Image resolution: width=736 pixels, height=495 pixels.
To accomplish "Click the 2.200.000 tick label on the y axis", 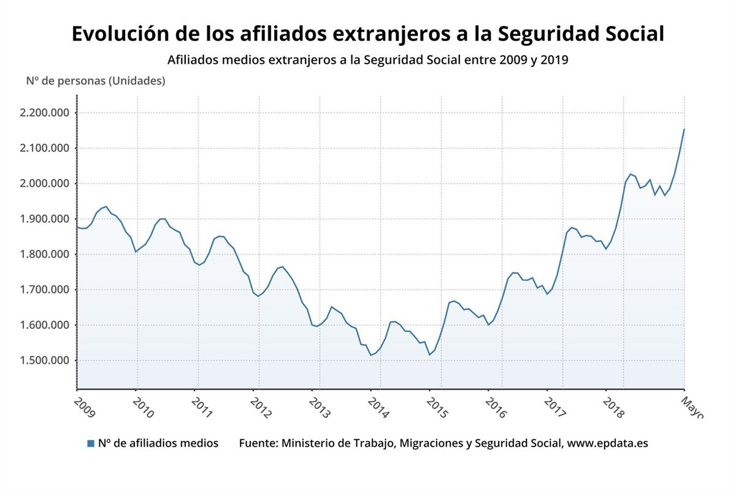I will [45, 113].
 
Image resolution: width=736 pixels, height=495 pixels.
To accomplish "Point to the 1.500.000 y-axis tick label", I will [45, 361].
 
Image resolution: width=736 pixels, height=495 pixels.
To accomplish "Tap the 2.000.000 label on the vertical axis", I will [45, 184].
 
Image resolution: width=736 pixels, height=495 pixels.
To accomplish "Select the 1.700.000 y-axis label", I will [45, 290].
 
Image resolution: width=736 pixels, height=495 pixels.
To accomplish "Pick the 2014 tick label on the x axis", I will [378, 407].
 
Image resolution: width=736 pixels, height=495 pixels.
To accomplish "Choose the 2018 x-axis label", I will [613, 407].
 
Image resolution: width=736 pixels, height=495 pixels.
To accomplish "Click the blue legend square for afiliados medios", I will [91, 444].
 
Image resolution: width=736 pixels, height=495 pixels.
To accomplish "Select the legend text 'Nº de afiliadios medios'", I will [158, 443].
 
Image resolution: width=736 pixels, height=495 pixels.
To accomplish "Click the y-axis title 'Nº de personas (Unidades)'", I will [95, 80].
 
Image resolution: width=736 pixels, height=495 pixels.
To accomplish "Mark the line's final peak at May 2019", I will [684, 129].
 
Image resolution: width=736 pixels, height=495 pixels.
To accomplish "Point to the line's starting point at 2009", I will [77, 227].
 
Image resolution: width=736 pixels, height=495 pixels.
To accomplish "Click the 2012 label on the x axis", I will [261, 407].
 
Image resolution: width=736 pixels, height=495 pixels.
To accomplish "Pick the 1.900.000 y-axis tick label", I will [45, 219].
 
